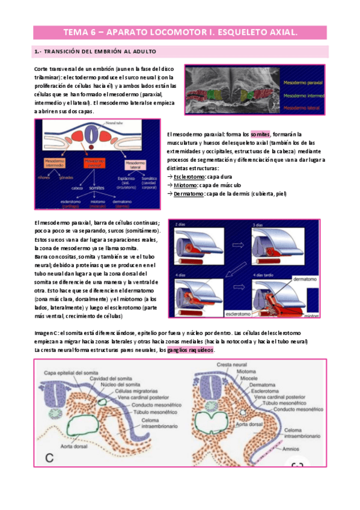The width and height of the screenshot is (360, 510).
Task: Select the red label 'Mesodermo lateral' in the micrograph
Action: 299,107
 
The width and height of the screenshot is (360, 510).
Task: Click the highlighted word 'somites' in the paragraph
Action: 260,134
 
